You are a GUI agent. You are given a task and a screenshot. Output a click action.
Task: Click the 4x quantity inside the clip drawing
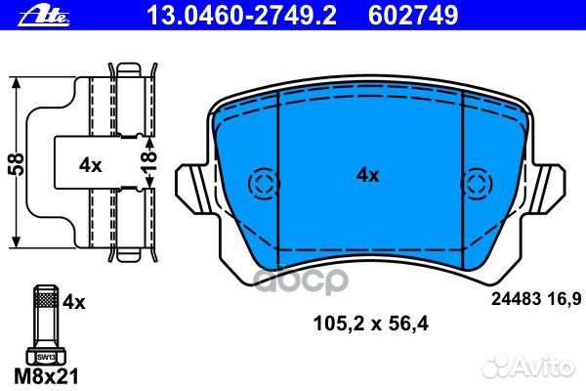[90, 165]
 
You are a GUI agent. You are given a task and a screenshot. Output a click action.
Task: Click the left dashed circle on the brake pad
[264, 183]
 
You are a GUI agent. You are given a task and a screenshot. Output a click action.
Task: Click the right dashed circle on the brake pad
[476, 183]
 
